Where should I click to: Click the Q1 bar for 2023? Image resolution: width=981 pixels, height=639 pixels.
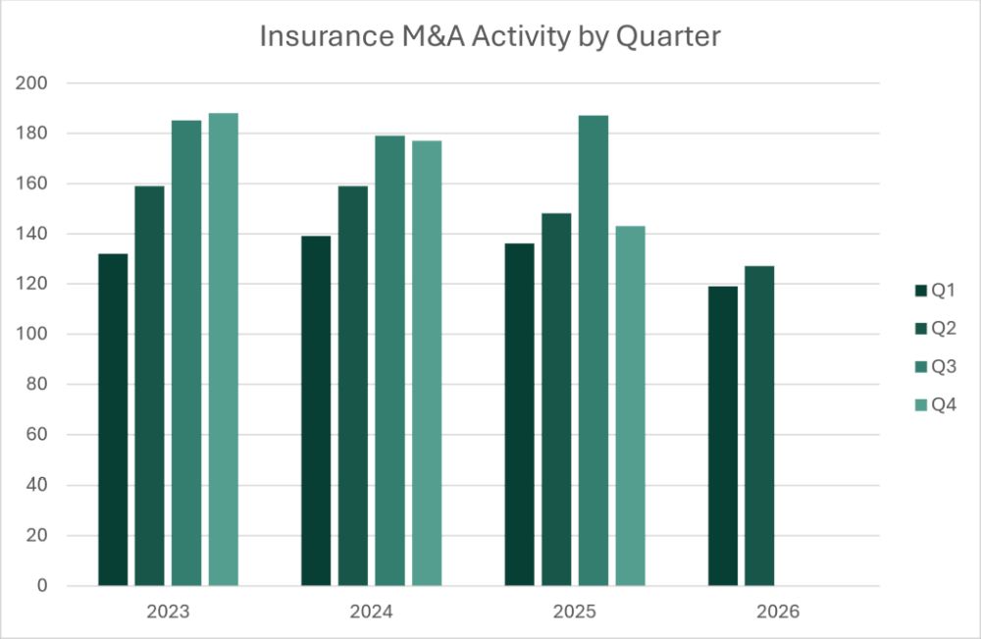[113, 419]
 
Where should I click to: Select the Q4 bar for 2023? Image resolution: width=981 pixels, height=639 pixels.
[224, 349]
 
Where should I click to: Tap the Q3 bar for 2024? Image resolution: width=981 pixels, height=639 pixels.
[389, 360]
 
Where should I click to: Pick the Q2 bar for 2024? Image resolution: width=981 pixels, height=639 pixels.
[353, 386]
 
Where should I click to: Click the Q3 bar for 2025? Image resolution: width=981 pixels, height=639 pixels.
[594, 350]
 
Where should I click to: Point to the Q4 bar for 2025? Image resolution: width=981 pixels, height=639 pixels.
[630, 405]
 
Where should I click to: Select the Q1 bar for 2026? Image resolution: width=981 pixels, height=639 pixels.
[723, 436]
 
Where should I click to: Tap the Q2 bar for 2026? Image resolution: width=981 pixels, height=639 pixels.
[759, 426]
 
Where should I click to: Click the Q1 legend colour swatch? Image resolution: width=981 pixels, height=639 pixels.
[920, 291]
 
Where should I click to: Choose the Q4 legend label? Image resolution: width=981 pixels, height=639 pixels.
[944, 405]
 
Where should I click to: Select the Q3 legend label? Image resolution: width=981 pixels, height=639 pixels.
[944, 366]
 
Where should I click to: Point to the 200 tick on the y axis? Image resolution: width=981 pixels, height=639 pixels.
[31, 82]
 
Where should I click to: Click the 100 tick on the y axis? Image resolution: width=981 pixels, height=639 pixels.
[31, 334]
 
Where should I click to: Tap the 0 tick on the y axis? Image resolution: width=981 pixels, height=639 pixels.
[42, 585]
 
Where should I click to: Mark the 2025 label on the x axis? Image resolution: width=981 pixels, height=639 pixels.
[574, 612]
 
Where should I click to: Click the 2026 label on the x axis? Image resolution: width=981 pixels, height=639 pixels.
[778, 612]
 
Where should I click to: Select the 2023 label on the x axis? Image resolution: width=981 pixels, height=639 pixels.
[168, 612]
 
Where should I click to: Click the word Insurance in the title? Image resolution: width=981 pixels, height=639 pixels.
[327, 36]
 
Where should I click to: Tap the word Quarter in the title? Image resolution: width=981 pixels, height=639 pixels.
[668, 37]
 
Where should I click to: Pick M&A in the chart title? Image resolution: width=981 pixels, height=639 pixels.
[433, 36]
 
